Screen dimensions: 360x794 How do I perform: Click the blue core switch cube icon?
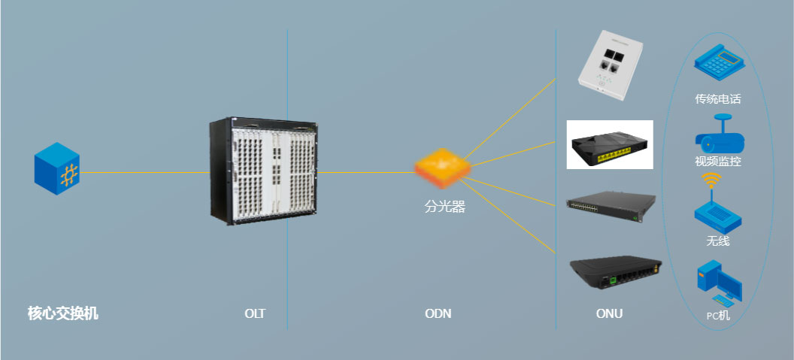56,171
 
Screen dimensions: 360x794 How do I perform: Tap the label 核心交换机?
63,313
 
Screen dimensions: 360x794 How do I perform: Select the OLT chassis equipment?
264,171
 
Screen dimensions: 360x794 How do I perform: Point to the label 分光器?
444,207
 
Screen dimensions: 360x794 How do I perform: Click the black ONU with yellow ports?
609,145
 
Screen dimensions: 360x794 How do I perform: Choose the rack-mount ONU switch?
613,206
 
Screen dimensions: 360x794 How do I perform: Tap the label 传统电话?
718,99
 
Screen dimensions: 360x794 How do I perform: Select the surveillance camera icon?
719,135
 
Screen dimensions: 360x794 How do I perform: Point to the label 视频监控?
718,161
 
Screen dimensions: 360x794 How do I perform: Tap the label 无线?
718,241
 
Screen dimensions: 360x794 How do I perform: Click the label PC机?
718,316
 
